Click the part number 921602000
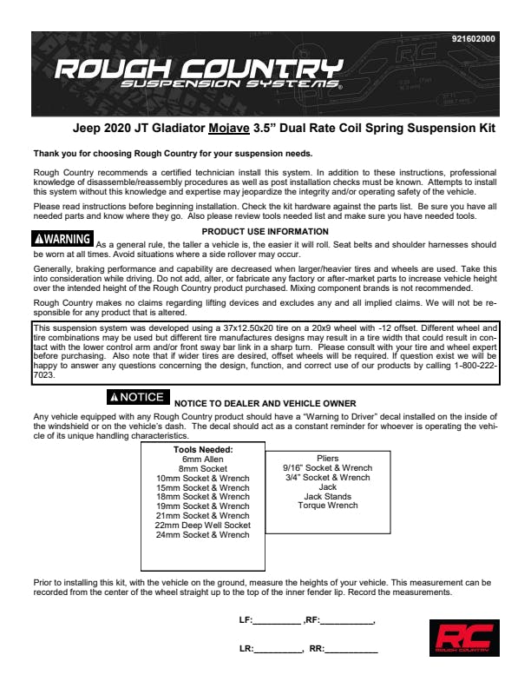click(x=474, y=40)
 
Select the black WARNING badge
click(x=62, y=238)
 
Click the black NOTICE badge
click(x=136, y=397)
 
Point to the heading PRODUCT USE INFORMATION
click(x=265, y=231)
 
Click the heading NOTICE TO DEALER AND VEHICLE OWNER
click(x=265, y=403)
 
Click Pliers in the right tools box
click(x=327, y=459)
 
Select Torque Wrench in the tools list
click(x=327, y=506)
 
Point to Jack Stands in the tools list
click(x=327, y=496)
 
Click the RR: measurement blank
click(x=351, y=649)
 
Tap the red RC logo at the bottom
click(x=463, y=638)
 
